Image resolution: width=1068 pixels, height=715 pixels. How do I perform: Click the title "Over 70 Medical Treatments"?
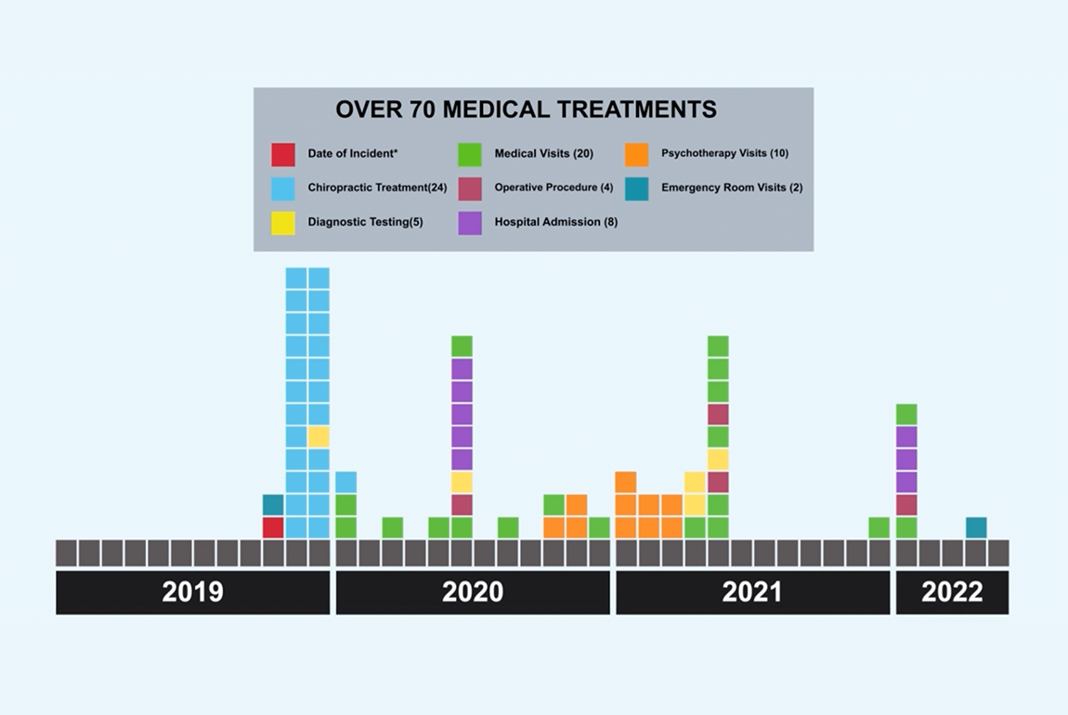click(x=526, y=110)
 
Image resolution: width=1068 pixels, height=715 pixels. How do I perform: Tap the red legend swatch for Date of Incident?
click(x=283, y=154)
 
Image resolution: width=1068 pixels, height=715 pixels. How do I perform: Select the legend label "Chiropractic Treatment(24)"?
click(x=377, y=188)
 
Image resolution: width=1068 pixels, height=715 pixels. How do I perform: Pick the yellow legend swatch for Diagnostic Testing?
click(x=283, y=223)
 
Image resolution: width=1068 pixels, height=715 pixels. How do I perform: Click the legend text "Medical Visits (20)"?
click(x=543, y=153)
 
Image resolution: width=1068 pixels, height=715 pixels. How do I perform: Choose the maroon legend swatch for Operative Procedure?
click(x=470, y=188)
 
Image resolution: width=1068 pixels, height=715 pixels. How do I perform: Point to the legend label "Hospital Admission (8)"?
click(x=555, y=222)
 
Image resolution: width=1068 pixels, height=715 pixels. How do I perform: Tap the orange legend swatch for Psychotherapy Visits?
click(x=637, y=154)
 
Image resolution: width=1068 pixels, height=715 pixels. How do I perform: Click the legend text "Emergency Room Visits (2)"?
click(x=732, y=188)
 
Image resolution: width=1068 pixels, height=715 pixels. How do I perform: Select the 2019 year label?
click(x=192, y=592)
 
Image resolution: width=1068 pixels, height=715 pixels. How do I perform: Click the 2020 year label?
click(x=473, y=592)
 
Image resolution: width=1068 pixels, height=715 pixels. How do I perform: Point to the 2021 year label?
click(x=752, y=592)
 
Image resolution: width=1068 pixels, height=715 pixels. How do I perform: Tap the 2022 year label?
click(x=952, y=592)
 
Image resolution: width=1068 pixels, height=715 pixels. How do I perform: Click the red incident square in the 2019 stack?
click(x=273, y=527)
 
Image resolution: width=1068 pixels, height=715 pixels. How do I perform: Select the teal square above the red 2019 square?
click(x=273, y=504)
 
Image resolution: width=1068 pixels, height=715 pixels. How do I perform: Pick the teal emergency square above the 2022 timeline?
click(x=976, y=527)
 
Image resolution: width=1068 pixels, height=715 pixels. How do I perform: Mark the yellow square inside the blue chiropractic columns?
click(x=319, y=436)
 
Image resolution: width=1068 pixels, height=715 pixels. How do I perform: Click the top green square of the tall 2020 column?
click(x=462, y=346)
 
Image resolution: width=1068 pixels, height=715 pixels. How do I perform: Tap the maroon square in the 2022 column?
click(x=906, y=504)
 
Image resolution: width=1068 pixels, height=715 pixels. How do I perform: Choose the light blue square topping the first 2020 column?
click(x=345, y=482)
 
